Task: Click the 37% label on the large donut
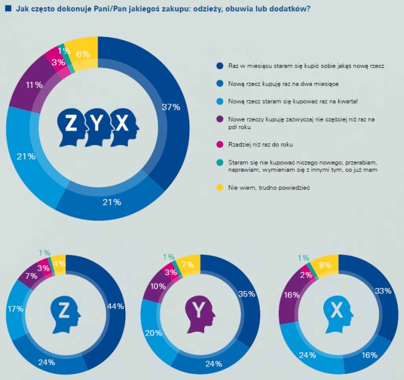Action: (171, 108)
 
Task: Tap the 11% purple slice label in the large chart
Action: (34, 85)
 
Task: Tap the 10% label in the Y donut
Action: (158, 287)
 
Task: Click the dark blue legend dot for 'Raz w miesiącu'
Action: (220, 65)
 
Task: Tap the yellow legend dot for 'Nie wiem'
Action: (220, 187)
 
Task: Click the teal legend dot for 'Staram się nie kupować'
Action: (220, 163)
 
